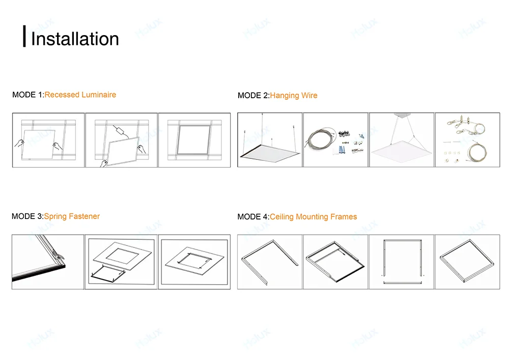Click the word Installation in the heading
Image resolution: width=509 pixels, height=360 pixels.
[x=75, y=39]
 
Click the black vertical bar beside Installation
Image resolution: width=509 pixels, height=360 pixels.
[x=24, y=36]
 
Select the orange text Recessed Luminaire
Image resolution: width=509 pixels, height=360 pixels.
[x=80, y=95]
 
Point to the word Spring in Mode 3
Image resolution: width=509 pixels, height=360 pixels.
[x=55, y=217]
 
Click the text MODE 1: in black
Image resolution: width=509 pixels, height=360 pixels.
[x=28, y=95]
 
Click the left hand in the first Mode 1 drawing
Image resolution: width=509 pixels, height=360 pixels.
[x=19, y=143]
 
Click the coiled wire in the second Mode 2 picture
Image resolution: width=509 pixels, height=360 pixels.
[x=321, y=137]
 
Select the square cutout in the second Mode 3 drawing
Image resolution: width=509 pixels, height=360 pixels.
[x=122, y=256]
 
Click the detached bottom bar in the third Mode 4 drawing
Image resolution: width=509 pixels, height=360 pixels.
[x=403, y=283]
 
